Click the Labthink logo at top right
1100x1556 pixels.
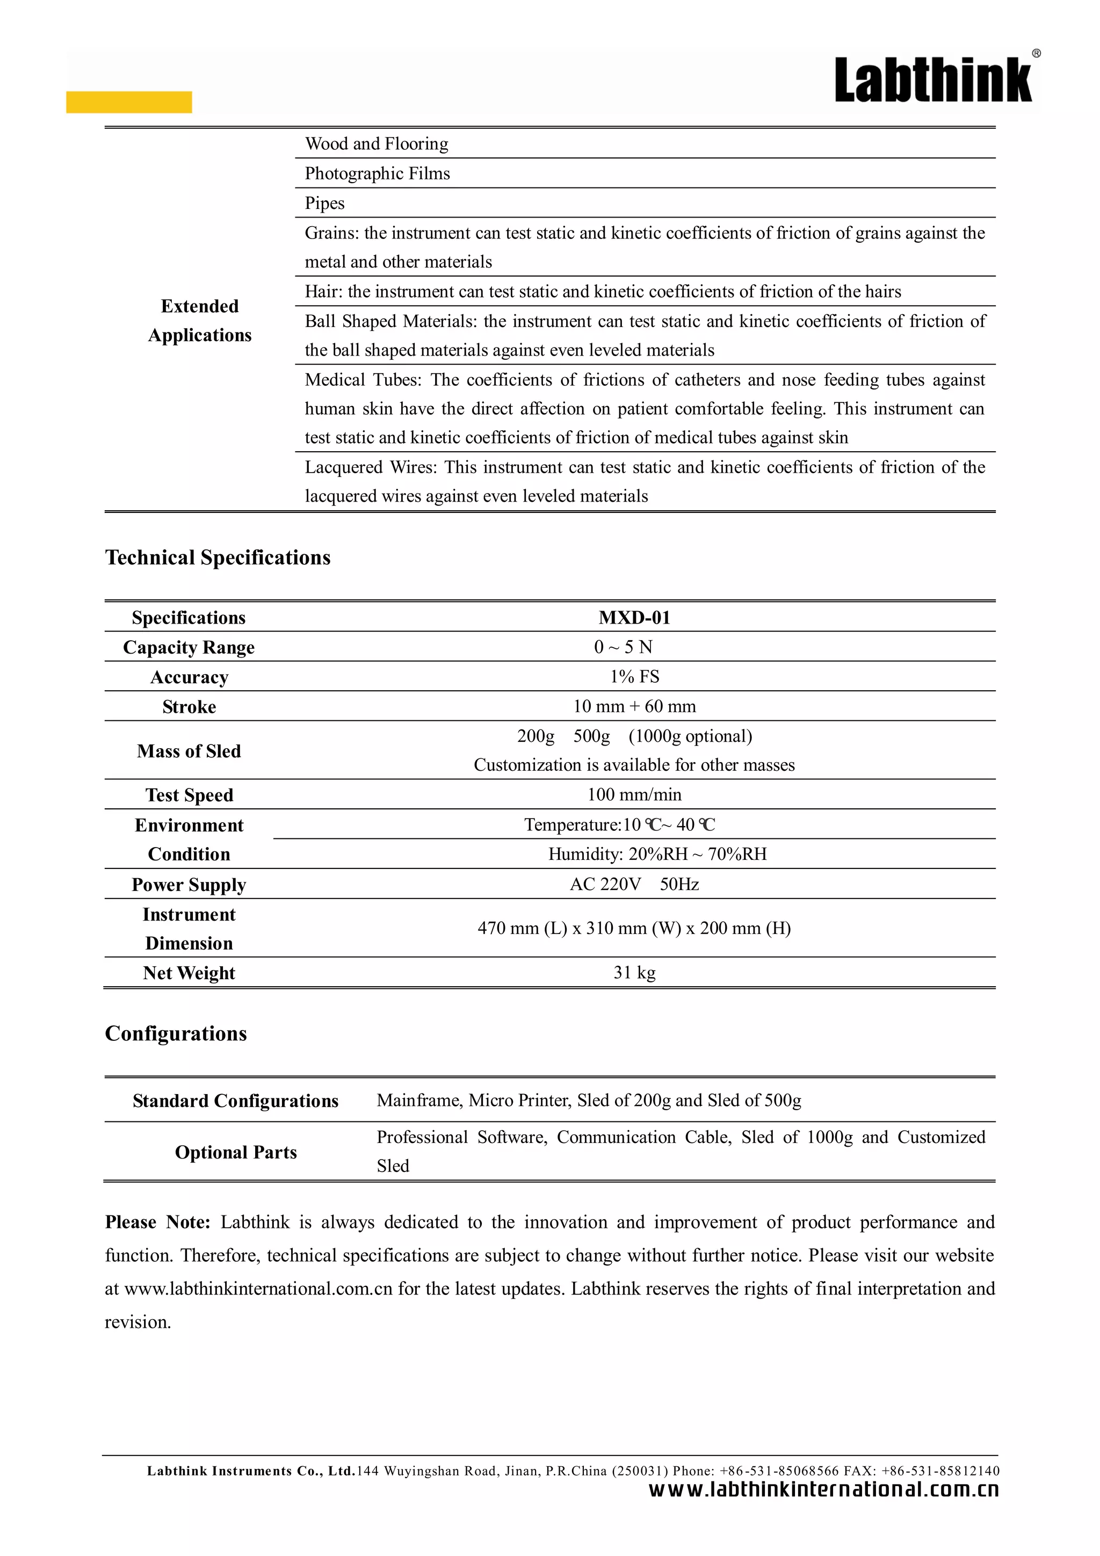(934, 80)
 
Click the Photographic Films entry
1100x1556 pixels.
(378, 173)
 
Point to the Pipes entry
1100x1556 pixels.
(324, 204)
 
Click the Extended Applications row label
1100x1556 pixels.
(200, 321)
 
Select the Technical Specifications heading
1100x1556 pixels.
(218, 558)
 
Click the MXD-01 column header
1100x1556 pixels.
(634, 617)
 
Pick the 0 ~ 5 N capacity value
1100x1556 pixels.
(623, 647)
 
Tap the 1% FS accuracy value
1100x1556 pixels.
(634, 676)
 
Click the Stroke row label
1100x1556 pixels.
(189, 707)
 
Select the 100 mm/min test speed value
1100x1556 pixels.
(634, 794)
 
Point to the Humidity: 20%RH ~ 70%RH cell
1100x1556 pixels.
(657, 854)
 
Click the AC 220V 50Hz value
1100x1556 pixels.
(634, 885)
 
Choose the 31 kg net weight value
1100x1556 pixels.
(634, 973)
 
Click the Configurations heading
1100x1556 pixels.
(176, 1033)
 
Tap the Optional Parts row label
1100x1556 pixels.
(236, 1152)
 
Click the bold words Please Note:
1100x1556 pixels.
(157, 1222)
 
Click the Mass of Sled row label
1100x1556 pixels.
(189, 751)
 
